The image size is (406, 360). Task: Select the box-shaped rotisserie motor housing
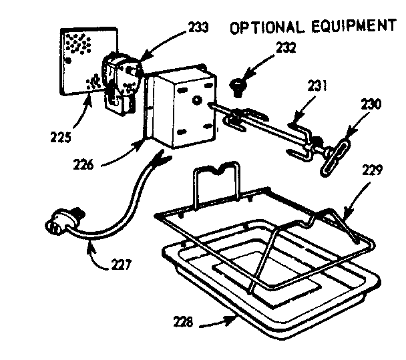point(180,110)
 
